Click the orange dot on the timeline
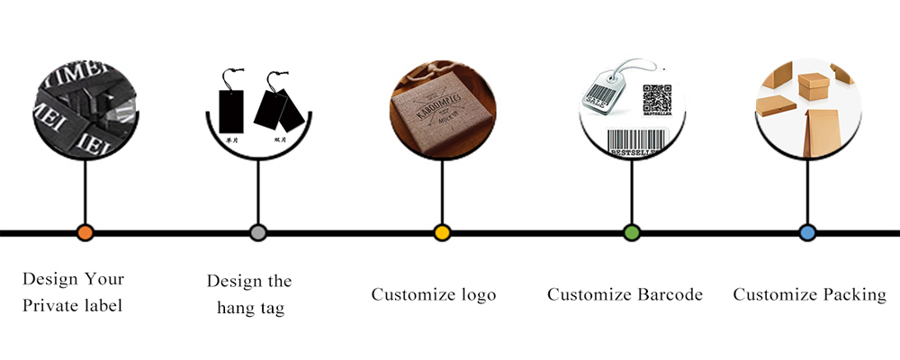85,232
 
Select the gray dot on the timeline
258,232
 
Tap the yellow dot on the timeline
441,232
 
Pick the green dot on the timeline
631,232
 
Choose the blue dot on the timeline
807,232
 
